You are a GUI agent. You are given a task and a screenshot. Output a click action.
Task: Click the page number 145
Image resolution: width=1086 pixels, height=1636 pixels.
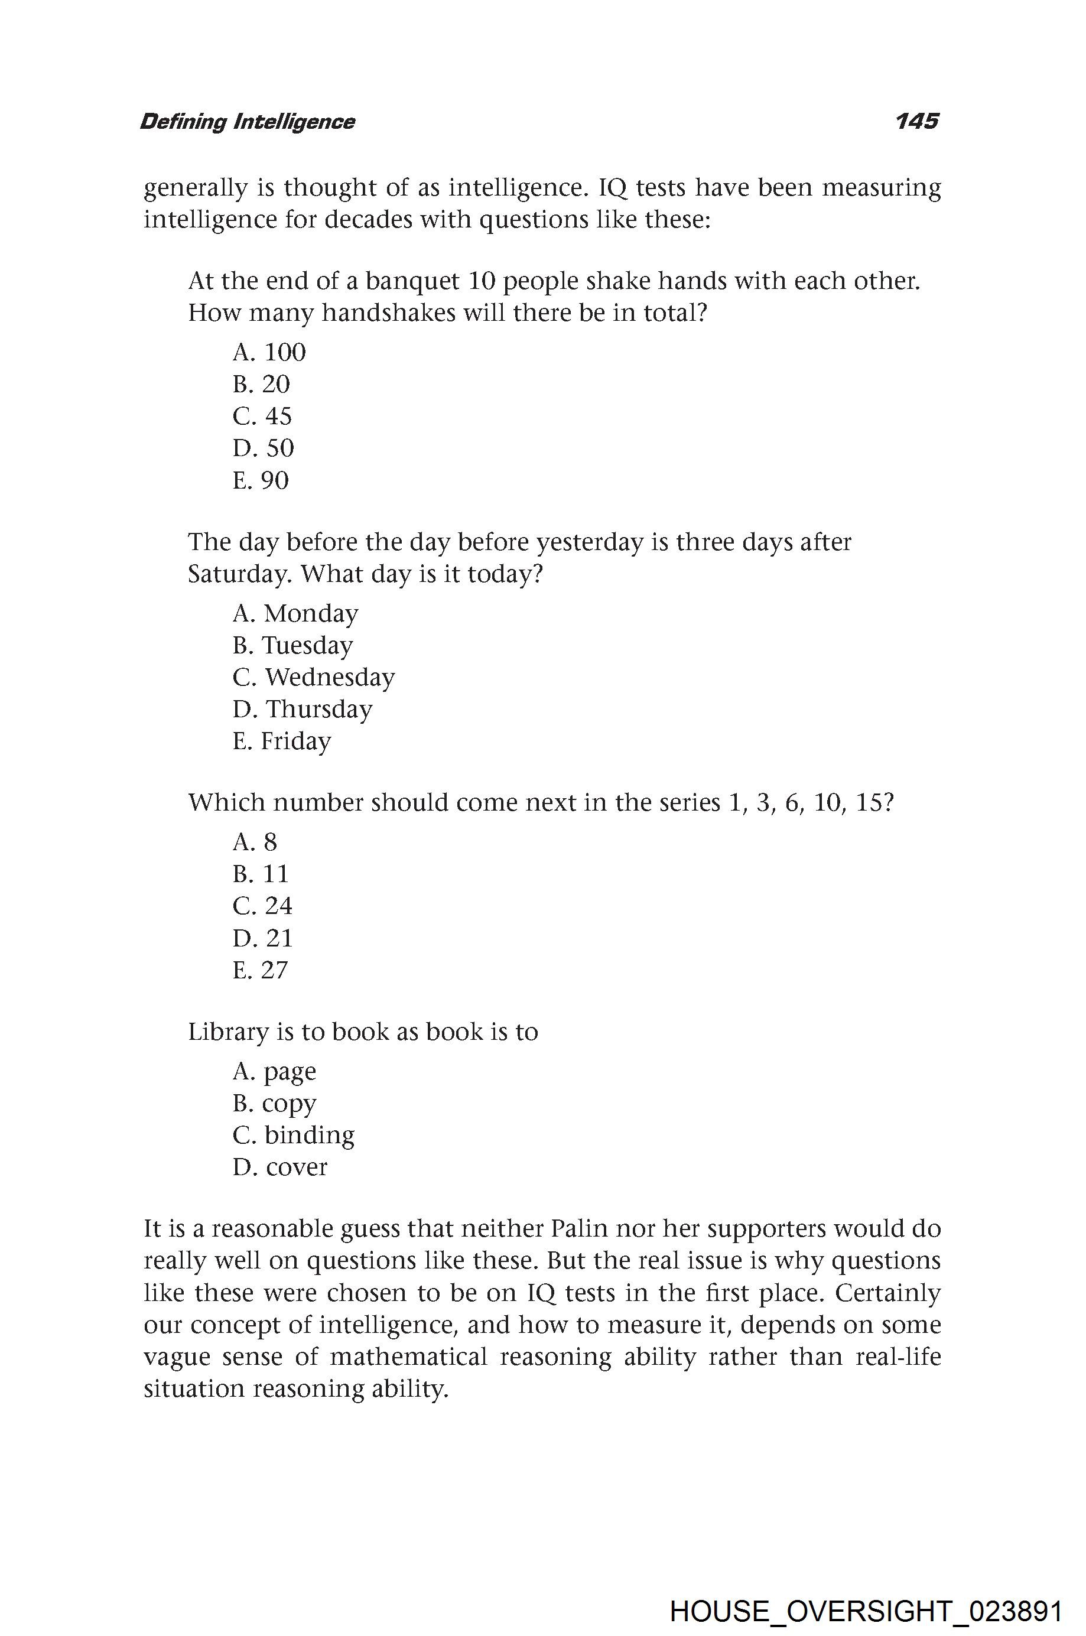(x=916, y=121)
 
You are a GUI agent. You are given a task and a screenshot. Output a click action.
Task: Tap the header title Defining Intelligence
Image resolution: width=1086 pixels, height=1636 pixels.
(x=247, y=122)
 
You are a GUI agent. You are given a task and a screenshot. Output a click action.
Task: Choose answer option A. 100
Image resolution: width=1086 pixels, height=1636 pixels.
(x=269, y=352)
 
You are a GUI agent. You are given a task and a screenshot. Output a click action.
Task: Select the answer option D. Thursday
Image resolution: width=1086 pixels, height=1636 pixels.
(x=303, y=708)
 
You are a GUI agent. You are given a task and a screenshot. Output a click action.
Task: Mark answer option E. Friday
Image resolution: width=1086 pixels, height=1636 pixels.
(x=282, y=741)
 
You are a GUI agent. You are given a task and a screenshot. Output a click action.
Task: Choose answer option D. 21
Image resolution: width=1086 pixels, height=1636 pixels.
(x=263, y=938)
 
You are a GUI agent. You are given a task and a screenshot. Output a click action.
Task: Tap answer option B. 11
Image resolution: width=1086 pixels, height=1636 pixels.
(x=261, y=874)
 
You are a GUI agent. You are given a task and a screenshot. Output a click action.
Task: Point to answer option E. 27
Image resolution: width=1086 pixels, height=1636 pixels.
(x=261, y=970)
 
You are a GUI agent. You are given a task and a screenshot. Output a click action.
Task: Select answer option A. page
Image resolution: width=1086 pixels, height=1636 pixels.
(x=274, y=1072)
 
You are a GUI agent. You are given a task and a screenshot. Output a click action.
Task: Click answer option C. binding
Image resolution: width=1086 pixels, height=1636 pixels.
(x=294, y=1134)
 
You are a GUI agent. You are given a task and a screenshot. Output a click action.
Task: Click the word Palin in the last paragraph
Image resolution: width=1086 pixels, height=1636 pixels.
(x=579, y=1228)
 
